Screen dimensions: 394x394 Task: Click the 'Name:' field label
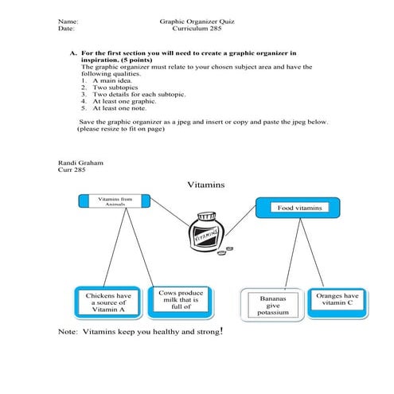click(x=68, y=20)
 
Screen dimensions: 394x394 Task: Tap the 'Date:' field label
click(x=66, y=28)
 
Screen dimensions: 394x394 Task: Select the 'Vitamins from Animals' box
click(x=115, y=201)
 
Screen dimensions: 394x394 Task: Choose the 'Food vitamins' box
click(x=298, y=208)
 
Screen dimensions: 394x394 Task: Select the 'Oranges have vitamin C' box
click(x=337, y=299)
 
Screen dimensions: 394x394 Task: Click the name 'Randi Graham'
click(x=80, y=162)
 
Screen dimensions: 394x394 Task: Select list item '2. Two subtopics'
click(x=112, y=88)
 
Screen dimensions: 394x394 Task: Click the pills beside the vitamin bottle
click(x=228, y=250)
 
